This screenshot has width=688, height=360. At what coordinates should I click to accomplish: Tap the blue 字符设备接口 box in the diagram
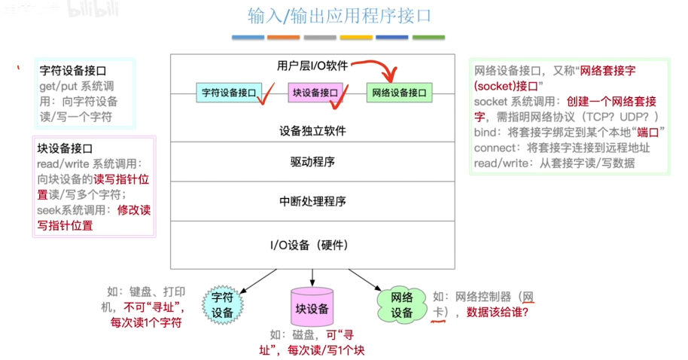coord(227,93)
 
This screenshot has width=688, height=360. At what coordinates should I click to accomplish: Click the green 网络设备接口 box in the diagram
coord(399,93)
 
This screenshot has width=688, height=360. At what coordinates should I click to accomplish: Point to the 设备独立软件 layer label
coord(312,130)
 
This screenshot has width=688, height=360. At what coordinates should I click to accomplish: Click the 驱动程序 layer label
coord(312,162)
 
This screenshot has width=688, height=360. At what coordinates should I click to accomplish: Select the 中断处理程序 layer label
coord(312,201)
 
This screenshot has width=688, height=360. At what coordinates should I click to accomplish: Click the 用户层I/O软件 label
coord(312,66)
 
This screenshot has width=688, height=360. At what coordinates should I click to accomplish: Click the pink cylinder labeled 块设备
coord(312,308)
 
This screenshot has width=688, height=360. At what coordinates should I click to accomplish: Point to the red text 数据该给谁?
coord(497,312)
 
